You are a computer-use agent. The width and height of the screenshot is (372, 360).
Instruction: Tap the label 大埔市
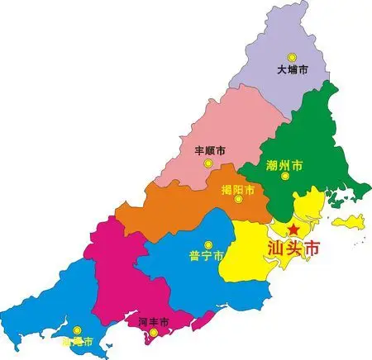click(292, 70)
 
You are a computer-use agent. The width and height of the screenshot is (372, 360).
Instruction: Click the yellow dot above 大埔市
click(291, 56)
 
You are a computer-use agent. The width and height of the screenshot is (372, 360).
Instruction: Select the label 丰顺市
click(209, 151)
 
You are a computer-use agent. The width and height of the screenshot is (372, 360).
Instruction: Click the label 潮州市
click(284, 166)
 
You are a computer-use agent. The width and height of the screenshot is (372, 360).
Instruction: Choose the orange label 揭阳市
click(237, 190)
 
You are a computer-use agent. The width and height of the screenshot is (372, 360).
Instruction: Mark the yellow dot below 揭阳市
click(238, 203)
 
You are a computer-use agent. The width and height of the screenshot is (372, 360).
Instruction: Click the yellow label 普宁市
click(207, 257)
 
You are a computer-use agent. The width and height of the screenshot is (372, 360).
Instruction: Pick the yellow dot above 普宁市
click(207, 244)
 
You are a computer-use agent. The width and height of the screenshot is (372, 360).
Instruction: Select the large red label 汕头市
click(293, 247)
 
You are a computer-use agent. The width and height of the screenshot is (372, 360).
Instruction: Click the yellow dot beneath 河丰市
click(151, 333)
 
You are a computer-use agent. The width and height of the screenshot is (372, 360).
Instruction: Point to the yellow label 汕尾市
click(78, 341)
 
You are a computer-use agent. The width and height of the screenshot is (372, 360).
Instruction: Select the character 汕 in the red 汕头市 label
click(277, 247)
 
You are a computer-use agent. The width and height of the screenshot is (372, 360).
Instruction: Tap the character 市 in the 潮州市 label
click(298, 166)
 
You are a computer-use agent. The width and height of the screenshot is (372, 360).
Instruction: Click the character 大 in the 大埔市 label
click(281, 70)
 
